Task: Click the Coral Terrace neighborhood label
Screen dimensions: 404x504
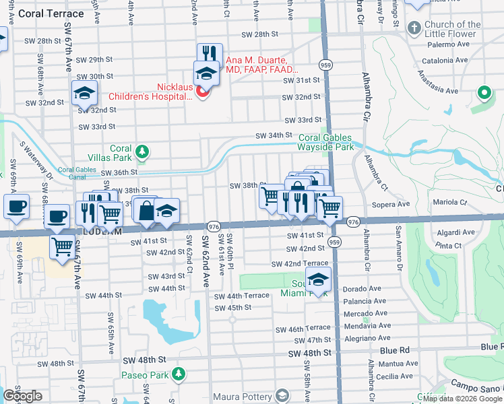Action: tap(51, 13)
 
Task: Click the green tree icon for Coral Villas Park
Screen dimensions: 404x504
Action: tap(142, 151)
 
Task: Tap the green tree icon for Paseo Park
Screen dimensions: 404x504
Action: tap(178, 374)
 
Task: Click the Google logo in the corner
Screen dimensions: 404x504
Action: tap(22, 396)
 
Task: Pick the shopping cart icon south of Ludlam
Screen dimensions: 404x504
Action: tap(62, 246)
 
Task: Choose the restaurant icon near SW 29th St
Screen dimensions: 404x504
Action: tap(210, 54)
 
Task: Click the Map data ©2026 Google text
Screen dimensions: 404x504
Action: tap(462, 399)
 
